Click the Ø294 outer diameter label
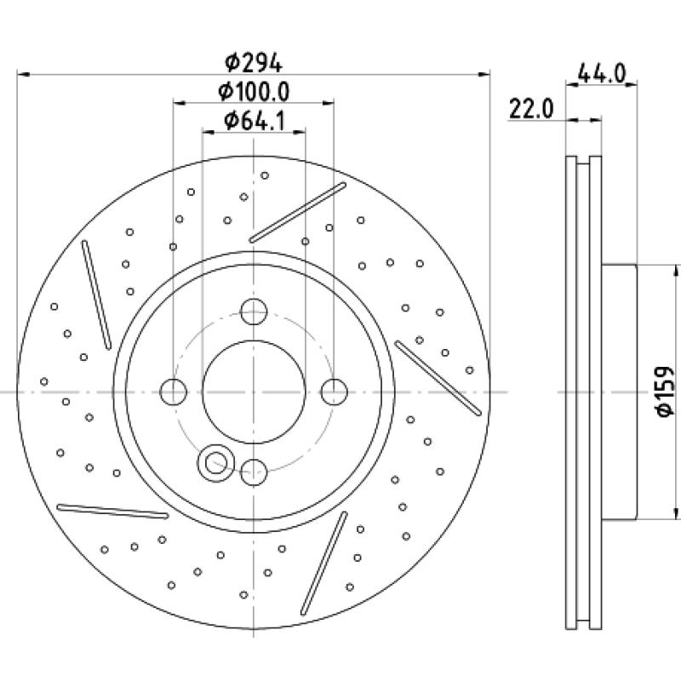253,61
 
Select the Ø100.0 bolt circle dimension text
253,91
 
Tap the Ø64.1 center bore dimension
253,121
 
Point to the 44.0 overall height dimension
603,73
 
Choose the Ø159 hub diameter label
664,392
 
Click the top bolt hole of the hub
253,312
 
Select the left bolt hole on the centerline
174,392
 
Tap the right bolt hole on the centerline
334,392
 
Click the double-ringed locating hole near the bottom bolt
214,462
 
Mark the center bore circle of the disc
253,392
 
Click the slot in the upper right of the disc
298,212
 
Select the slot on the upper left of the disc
96,294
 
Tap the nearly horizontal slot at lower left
112,510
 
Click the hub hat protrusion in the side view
621,392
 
